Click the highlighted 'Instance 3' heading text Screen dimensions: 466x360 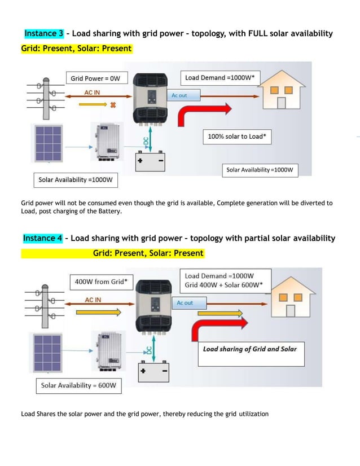click(x=44, y=34)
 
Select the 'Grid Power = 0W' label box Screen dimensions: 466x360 click(x=97, y=78)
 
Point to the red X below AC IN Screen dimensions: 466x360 click(x=113, y=105)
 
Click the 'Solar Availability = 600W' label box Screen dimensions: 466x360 click(x=78, y=386)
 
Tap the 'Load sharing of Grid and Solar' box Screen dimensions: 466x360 click(x=249, y=349)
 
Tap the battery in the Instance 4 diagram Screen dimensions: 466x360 click(x=153, y=371)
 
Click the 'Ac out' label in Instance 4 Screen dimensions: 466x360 click(x=185, y=303)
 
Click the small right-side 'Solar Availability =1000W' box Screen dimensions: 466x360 click(x=260, y=169)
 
